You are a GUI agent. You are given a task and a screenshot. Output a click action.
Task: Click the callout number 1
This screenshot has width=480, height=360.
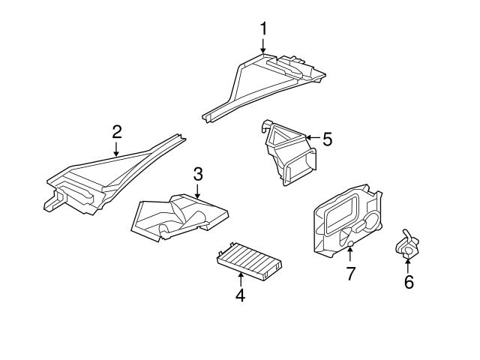[263, 28]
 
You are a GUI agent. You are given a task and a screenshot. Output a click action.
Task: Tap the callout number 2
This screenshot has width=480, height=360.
[117, 132]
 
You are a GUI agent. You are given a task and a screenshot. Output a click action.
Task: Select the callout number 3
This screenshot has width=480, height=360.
[198, 174]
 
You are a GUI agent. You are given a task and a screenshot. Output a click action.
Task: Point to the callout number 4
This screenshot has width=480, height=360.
[240, 295]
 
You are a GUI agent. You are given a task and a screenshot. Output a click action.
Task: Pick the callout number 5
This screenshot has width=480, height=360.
[327, 139]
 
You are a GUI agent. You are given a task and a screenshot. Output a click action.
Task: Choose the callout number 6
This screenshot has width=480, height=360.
[409, 282]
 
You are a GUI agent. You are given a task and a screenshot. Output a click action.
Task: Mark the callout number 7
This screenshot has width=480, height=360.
[350, 273]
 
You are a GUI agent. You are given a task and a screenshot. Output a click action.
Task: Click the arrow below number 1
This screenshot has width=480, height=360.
[263, 46]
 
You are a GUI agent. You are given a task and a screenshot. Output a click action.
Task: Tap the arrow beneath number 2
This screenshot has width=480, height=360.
[116, 149]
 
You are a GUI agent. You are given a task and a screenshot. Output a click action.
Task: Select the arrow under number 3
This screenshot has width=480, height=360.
[197, 191]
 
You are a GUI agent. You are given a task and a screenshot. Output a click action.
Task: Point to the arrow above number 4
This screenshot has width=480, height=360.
[241, 279]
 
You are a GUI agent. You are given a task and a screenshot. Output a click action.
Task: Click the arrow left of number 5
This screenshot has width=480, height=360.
[313, 137]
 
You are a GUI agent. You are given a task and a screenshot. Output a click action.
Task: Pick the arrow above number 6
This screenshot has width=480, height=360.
[408, 265]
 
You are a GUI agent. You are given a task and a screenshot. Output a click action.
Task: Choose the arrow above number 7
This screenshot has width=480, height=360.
[350, 255]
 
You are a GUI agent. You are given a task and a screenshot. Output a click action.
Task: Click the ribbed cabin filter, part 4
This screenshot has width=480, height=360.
[249, 261]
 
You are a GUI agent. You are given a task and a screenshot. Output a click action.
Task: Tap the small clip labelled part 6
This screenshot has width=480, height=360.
[407, 245]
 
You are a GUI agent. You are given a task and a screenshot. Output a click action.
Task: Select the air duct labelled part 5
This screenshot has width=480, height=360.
[288, 152]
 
